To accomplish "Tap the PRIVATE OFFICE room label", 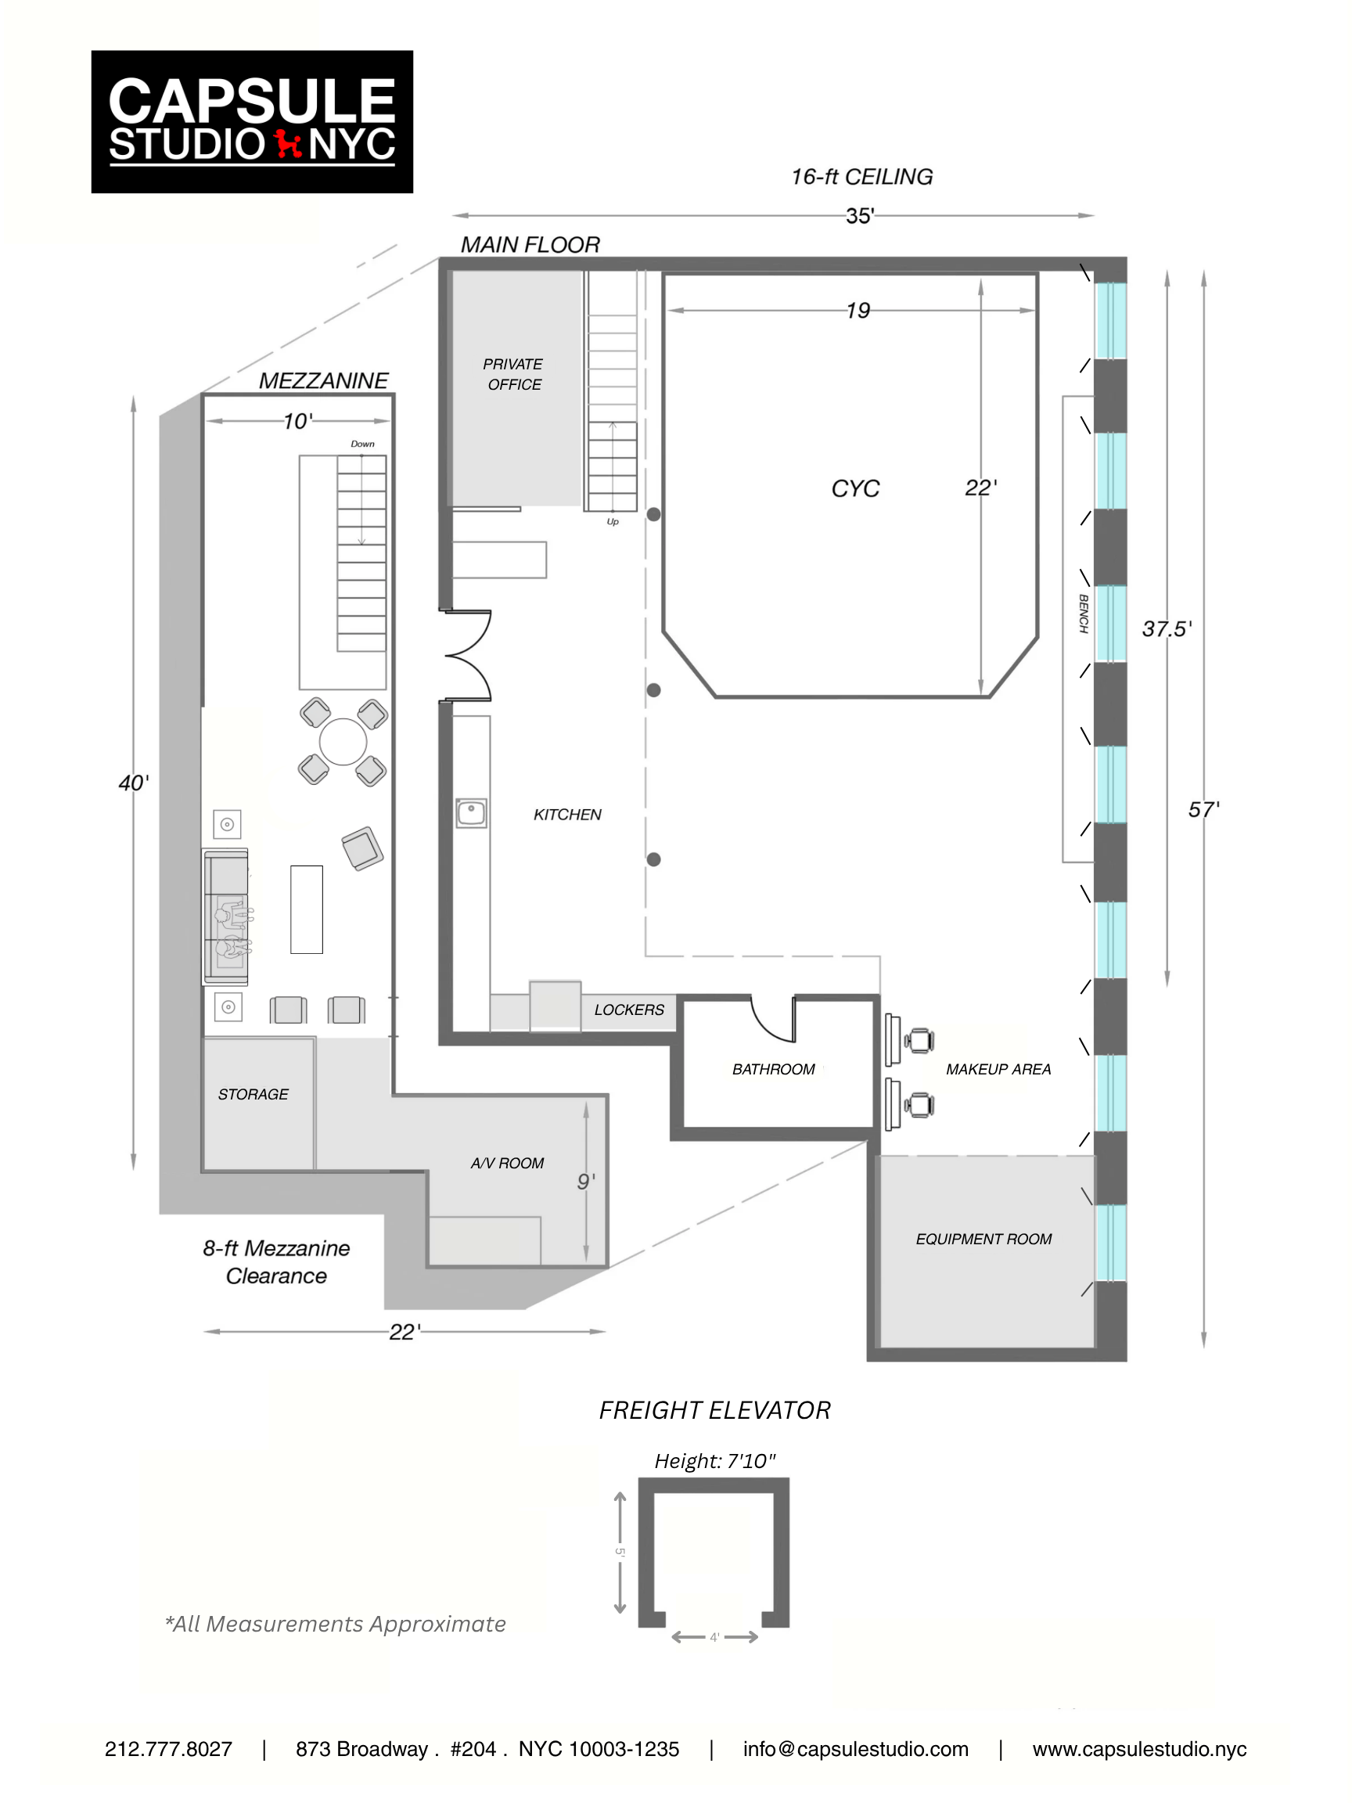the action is coord(512,374).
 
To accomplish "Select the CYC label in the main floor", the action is coord(855,488).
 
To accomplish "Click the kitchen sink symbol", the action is coord(471,812).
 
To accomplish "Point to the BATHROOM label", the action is coord(772,1069).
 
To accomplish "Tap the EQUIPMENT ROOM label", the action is coord(983,1239).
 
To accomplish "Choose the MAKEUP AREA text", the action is coord(998,1069).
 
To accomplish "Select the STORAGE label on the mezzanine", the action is coord(253,1094).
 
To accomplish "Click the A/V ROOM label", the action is coord(507,1163).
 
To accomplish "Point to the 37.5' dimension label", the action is coord(1167,628).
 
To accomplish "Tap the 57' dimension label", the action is coord(1203,809).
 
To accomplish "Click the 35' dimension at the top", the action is coord(860,216).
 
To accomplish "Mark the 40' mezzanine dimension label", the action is coord(134,783).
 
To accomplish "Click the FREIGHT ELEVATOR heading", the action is coord(714,1410).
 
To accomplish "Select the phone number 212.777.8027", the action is coord(168,1749).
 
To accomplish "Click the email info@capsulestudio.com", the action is coord(855,1749).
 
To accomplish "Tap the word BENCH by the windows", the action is coord(1083,614).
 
